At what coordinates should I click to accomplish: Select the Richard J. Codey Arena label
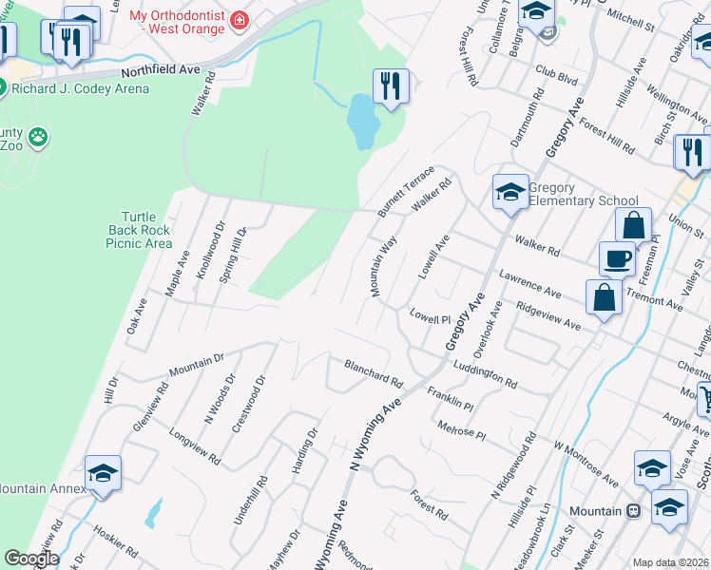80,88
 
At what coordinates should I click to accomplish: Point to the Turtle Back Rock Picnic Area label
139,230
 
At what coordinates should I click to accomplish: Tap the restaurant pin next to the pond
391,86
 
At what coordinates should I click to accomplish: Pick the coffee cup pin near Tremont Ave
617,258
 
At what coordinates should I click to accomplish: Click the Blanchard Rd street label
374,372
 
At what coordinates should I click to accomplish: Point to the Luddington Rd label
485,376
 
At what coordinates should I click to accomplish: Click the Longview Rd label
194,446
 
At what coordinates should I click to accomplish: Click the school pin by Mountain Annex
103,473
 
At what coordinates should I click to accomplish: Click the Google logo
31,559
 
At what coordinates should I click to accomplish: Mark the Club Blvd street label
556,71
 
